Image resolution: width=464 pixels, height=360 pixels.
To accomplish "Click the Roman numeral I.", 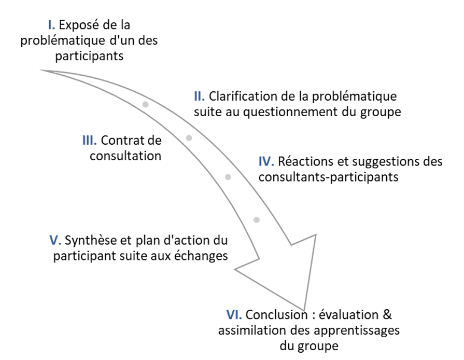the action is tap(51, 25).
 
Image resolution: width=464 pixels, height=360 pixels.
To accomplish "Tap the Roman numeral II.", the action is tap(199, 96).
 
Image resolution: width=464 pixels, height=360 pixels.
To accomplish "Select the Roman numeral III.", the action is tap(89, 141).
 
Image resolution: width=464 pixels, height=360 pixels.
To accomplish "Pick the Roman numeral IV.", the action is tap(266, 162).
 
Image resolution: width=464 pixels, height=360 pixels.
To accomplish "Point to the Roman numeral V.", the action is tap(55, 240).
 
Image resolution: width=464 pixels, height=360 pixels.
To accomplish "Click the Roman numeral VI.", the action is tap(234, 315).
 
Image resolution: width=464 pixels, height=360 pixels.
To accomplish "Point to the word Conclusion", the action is tap(276, 315).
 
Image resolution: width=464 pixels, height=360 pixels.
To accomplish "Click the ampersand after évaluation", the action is tap(387, 315).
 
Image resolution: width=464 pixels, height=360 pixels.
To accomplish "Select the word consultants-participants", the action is tap(329, 177).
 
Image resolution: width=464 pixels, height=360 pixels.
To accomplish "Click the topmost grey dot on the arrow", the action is tap(145, 104).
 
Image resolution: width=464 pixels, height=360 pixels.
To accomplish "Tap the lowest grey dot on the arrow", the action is tap(257, 220).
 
